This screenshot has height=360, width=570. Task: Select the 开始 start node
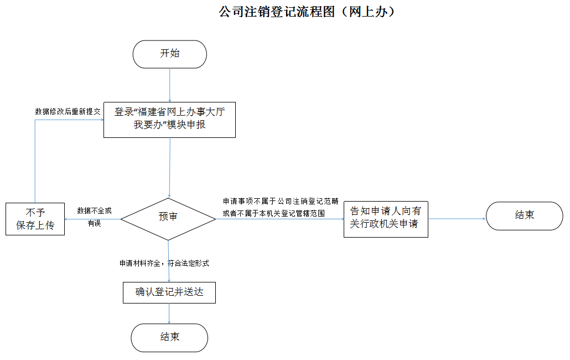169,54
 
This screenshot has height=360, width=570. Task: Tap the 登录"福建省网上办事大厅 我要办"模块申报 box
169,118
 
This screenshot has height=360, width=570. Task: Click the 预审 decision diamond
168,218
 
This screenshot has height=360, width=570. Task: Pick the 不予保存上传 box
35,219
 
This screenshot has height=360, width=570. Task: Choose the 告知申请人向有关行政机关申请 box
385,218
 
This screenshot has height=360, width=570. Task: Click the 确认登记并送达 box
169,292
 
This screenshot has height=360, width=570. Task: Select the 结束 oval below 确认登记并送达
169,337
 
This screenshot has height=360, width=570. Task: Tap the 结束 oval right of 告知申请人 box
524,215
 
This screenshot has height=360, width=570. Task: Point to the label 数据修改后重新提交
68,111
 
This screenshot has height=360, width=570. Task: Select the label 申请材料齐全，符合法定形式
164,264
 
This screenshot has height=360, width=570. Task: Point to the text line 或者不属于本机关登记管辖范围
273,213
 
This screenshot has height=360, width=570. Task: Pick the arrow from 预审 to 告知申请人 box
279,219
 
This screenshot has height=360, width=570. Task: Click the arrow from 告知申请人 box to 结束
457,219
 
